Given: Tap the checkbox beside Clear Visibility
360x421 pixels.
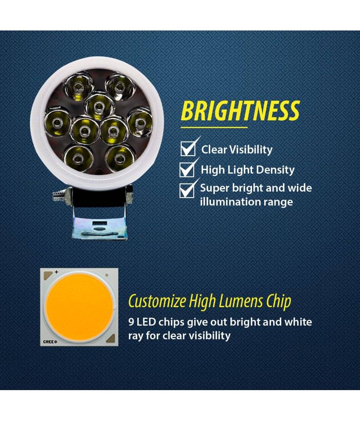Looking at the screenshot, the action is click(188, 149).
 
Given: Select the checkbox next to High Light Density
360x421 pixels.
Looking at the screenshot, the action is click(187, 170).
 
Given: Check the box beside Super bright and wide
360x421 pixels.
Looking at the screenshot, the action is click(187, 190).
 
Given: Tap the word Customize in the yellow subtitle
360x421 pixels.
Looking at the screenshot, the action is click(157, 301).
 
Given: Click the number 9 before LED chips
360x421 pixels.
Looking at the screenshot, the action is click(131, 322).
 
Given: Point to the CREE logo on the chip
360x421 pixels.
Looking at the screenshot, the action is click(50, 341).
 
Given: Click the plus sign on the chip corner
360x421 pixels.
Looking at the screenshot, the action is click(56, 272).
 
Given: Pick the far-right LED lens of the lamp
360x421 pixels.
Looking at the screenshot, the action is click(139, 123).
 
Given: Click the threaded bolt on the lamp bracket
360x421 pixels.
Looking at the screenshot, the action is click(59, 195).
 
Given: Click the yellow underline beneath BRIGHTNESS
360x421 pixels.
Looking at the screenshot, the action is click(214, 127).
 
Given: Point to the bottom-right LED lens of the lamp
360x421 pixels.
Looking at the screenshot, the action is click(119, 158).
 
